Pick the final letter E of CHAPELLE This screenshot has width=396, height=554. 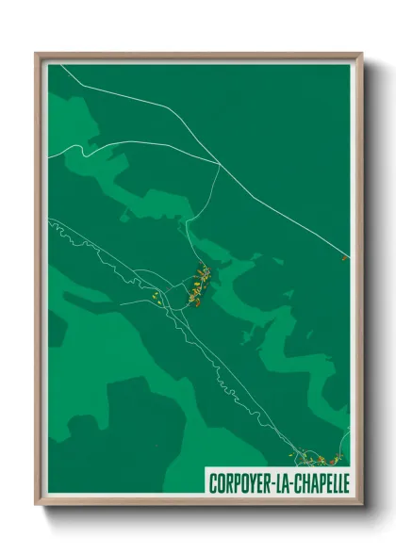pyautogui.click(x=345, y=481)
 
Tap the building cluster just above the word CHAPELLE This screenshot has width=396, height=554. pyautogui.click(x=319, y=459)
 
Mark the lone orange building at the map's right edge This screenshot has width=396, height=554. pyautogui.click(x=344, y=256)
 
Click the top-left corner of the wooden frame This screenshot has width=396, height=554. pyautogui.click(x=37, y=54)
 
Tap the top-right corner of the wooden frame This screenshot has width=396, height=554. pyautogui.click(x=362, y=54)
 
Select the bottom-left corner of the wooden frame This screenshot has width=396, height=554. pyautogui.click(x=37, y=504)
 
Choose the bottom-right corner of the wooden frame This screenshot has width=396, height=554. pyautogui.click(x=362, y=504)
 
